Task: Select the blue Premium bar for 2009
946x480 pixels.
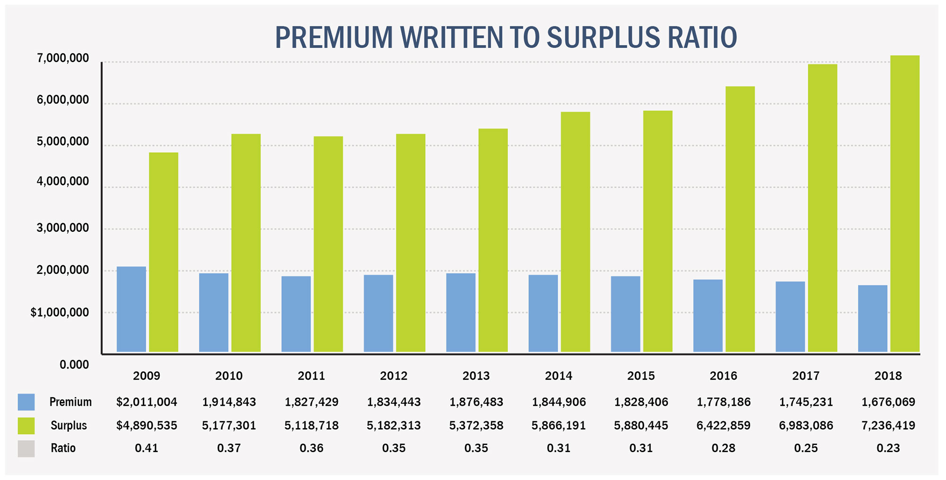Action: [131, 309]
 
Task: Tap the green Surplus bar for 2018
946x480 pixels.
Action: [905, 204]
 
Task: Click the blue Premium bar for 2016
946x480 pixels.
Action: [708, 315]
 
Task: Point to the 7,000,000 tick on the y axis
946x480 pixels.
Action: [63, 58]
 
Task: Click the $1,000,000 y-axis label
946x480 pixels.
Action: [60, 313]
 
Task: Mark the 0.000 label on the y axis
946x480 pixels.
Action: [74, 365]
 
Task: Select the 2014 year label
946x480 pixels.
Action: [559, 376]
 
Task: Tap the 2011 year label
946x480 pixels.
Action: [311, 376]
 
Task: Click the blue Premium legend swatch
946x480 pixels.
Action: [26, 402]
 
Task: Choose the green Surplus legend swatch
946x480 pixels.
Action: [26, 425]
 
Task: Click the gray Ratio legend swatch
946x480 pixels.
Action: [26, 448]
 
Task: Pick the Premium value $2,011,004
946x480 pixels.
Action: [147, 402]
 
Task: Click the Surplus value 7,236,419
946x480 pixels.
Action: [888, 425]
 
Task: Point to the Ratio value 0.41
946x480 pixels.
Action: [147, 448]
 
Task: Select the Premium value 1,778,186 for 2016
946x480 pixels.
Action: [724, 402]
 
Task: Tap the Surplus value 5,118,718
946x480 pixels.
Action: [311, 425]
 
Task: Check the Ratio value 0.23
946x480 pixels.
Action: [888, 448]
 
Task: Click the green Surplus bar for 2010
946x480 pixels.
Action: [246, 243]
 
